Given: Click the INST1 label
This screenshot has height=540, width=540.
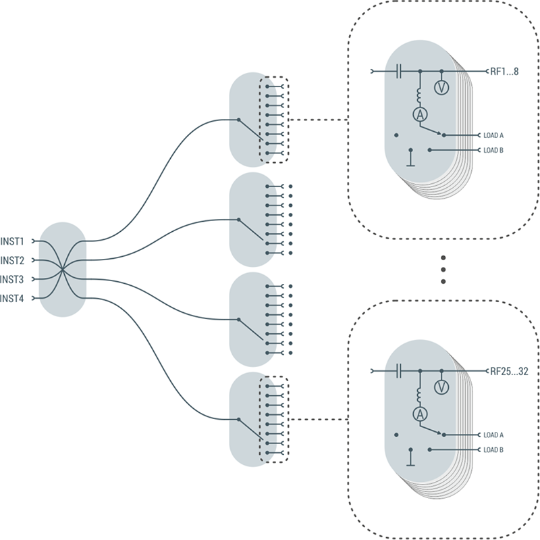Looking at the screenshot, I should pyautogui.click(x=13, y=241).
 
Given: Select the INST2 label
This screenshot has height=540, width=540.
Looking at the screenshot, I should pyautogui.click(x=13, y=260).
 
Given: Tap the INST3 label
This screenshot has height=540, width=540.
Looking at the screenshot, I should pyautogui.click(x=13, y=279).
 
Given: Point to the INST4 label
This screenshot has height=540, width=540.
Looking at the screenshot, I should pyautogui.click(x=13, y=298).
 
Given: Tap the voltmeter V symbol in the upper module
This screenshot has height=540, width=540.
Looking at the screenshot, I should pyautogui.click(x=441, y=87).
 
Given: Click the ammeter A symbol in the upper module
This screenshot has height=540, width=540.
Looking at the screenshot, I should pyautogui.click(x=419, y=115).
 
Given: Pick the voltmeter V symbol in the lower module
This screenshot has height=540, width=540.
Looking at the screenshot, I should pyautogui.click(x=441, y=387).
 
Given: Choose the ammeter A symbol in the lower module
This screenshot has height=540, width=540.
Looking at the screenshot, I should pyautogui.click(x=419, y=415).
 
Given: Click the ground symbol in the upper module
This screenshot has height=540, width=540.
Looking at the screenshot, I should pyautogui.click(x=410, y=159).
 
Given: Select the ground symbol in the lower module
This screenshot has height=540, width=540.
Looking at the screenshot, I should pyautogui.click(x=410, y=459).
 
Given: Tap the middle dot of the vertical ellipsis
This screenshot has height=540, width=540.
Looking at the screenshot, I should pyautogui.click(x=443, y=269).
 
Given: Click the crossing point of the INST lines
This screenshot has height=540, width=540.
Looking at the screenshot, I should pyautogui.click(x=62, y=270).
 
